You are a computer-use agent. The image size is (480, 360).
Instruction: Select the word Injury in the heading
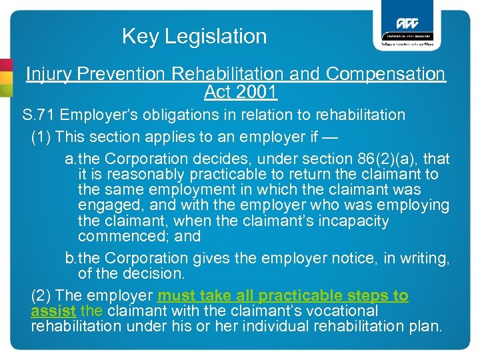[x=49, y=74]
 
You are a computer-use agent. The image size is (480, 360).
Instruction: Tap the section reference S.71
[x=37, y=115]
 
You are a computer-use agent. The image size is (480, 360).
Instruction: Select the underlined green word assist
[x=53, y=311]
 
